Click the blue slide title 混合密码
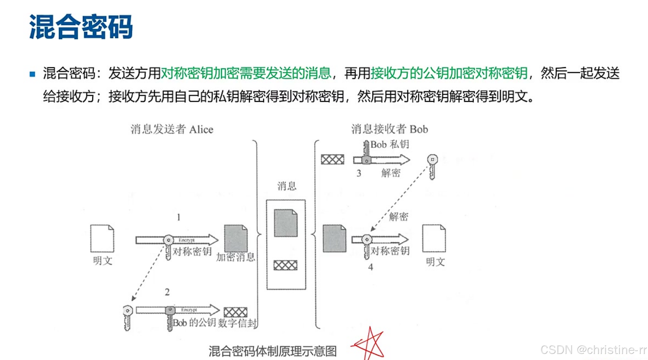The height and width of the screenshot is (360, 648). pos(81,27)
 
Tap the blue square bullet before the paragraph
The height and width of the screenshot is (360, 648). pos(33,74)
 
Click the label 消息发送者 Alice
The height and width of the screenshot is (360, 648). pos(172,129)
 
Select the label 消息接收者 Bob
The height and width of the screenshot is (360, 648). pos(389,129)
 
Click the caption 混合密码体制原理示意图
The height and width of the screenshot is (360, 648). pos(272,351)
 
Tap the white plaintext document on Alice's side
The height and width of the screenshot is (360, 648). pos(102,238)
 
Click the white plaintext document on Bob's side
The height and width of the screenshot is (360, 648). pos(434,238)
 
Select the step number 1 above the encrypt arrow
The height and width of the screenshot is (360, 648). pos(178,217)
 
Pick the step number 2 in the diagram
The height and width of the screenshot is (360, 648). pos(167,292)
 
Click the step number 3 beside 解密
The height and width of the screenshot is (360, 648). pos(359,173)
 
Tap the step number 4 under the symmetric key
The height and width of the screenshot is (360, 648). pos(371,267)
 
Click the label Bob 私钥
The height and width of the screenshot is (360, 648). pos(390,144)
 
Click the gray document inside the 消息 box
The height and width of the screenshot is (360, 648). pos(286,223)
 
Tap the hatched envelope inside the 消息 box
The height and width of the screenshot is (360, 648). pos(285,265)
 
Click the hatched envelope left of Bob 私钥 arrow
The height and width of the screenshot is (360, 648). pos(333,160)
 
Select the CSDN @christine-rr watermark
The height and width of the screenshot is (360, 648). pos(594,350)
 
